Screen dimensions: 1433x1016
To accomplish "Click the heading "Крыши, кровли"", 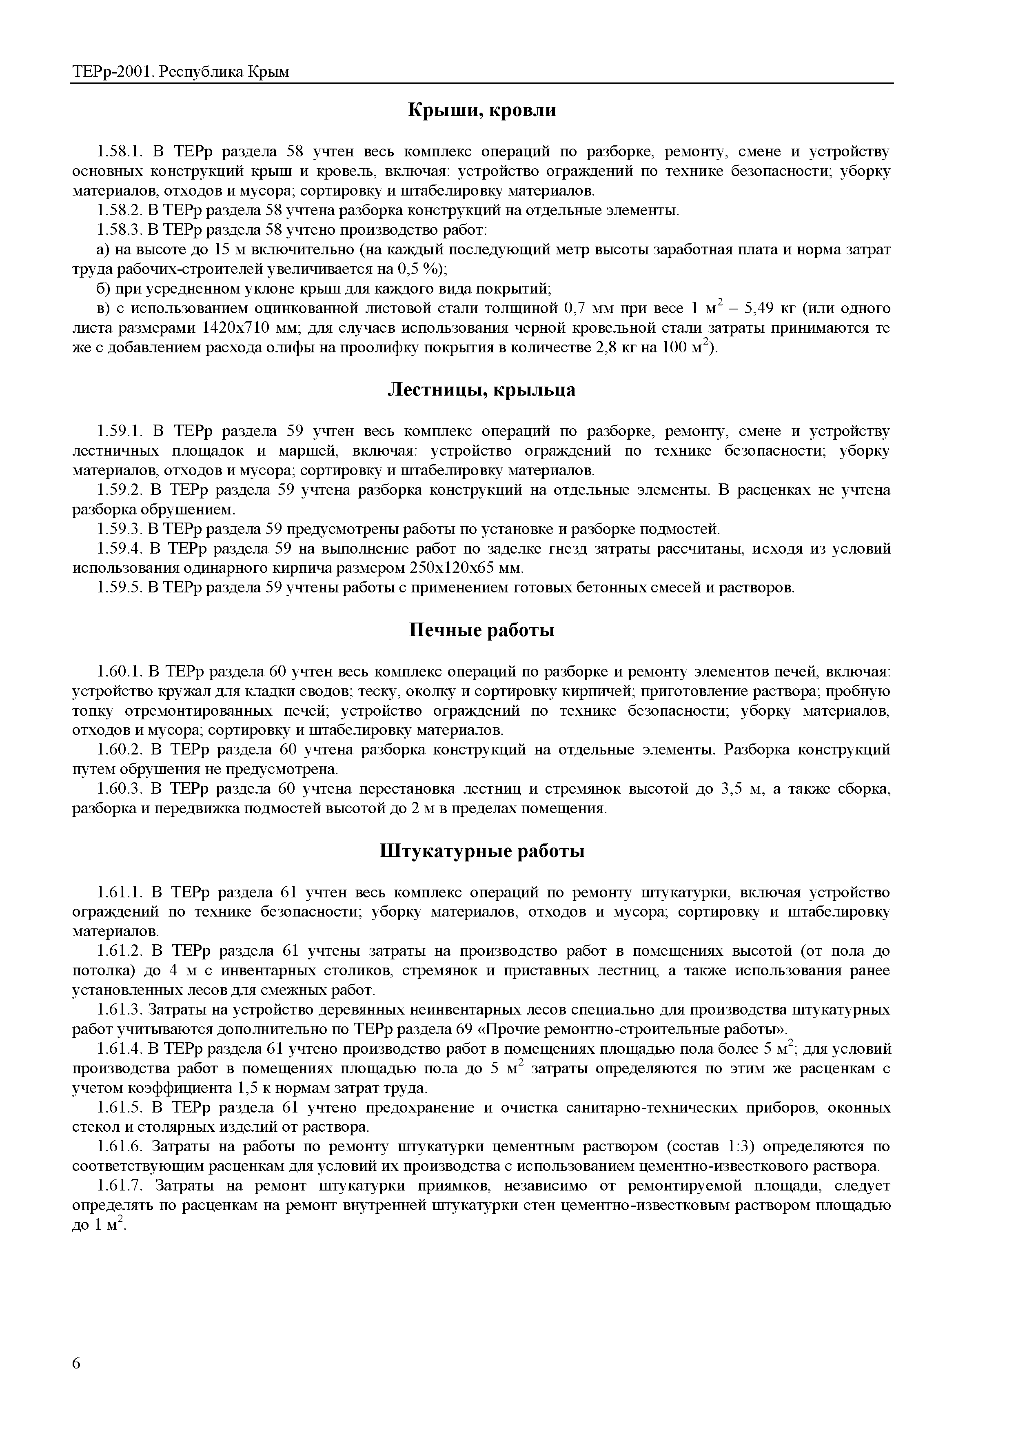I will coord(482,110).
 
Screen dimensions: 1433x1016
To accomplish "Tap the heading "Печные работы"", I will coord(482,630).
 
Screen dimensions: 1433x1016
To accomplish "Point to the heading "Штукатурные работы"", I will coord(482,851).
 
